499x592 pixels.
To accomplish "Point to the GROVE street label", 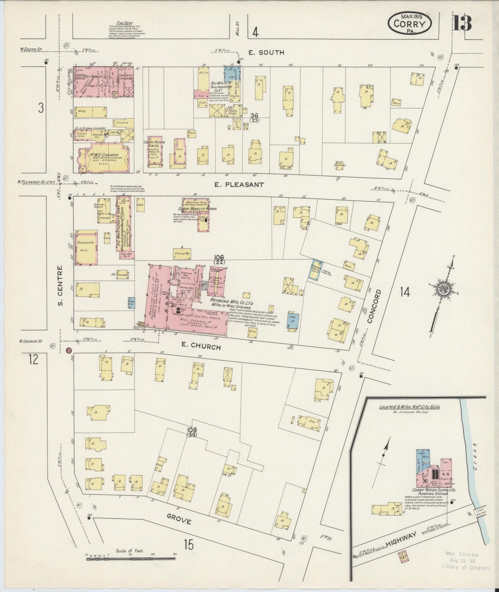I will point(179,520).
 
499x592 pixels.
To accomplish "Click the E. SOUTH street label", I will point(266,52).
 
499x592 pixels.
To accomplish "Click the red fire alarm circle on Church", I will point(68,350).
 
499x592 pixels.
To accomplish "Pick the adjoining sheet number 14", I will point(405,292).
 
